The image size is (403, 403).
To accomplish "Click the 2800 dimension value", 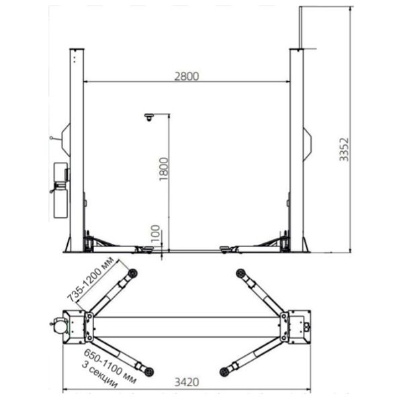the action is coord(187,77).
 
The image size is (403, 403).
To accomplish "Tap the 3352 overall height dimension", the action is coord(344,150).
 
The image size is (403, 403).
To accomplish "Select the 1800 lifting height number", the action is coord(163,169).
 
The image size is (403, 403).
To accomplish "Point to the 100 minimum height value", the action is coord(156,233).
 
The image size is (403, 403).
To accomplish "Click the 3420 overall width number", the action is coord(187,382).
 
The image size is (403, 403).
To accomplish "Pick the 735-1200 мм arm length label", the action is coord(91,279).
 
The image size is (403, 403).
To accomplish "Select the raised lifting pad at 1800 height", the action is coord(149,117).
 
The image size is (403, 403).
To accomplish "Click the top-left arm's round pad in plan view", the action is coord(132,273).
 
